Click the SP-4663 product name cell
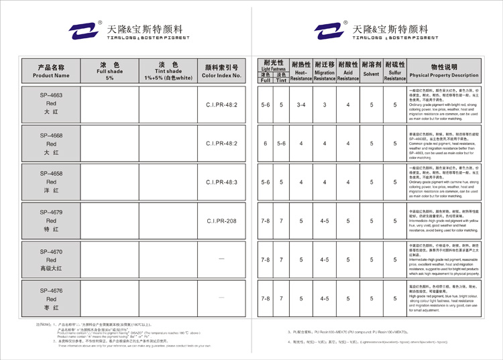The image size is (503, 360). tap(51, 105)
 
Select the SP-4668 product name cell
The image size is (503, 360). tap(51, 143)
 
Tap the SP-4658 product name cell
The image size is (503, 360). tap(51, 182)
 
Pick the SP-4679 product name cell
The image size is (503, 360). tap(51, 221)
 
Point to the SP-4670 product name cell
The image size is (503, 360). tap(51, 259)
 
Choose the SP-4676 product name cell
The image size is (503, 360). tap(51, 298)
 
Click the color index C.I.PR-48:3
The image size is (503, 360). tap(222, 182)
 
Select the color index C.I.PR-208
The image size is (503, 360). tap(222, 221)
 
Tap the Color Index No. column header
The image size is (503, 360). tap(222, 71)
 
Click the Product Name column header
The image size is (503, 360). tap(51, 71)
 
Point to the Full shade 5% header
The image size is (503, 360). tap(110, 70)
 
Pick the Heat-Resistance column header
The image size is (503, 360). tap(301, 70)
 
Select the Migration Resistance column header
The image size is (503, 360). tap(325, 70)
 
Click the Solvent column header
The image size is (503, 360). tap(371, 70)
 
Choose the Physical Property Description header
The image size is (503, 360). tap(444, 71)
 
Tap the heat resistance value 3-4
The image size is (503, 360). tap(301, 105)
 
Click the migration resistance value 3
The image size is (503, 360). tap(325, 105)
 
